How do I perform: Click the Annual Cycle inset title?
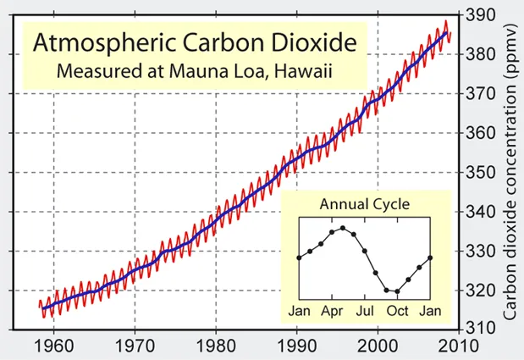click(x=365, y=204)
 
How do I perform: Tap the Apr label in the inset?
click(x=331, y=311)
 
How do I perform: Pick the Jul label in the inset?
click(x=364, y=311)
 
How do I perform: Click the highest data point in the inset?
click(x=342, y=228)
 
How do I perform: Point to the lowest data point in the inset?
click(x=397, y=291)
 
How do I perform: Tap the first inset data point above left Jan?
click(x=299, y=258)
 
